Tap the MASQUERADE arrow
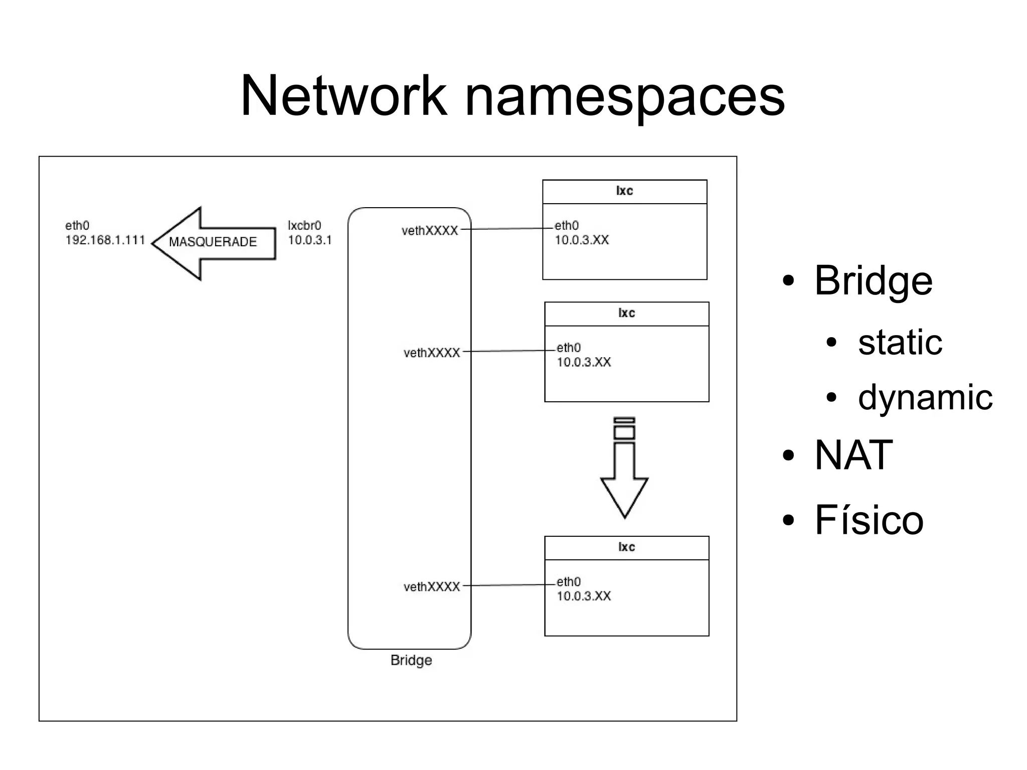click(213, 243)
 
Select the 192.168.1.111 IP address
click(105, 240)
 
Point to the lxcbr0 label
click(304, 226)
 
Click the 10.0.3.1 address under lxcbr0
click(309, 240)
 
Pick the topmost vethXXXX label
click(430, 231)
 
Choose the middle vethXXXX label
click(431, 353)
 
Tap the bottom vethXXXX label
click(431, 587)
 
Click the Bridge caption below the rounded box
click(411, 660)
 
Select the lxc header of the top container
click(624, 191)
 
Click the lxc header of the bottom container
click(626, 547)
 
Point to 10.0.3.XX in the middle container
click(584, 362)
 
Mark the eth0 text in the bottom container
click(569, 582)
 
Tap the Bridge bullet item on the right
click(873, 280)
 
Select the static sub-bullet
click(900, 343)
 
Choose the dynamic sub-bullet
click(925, 397)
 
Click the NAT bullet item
click(853, 455)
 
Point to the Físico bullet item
click(869, 520)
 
